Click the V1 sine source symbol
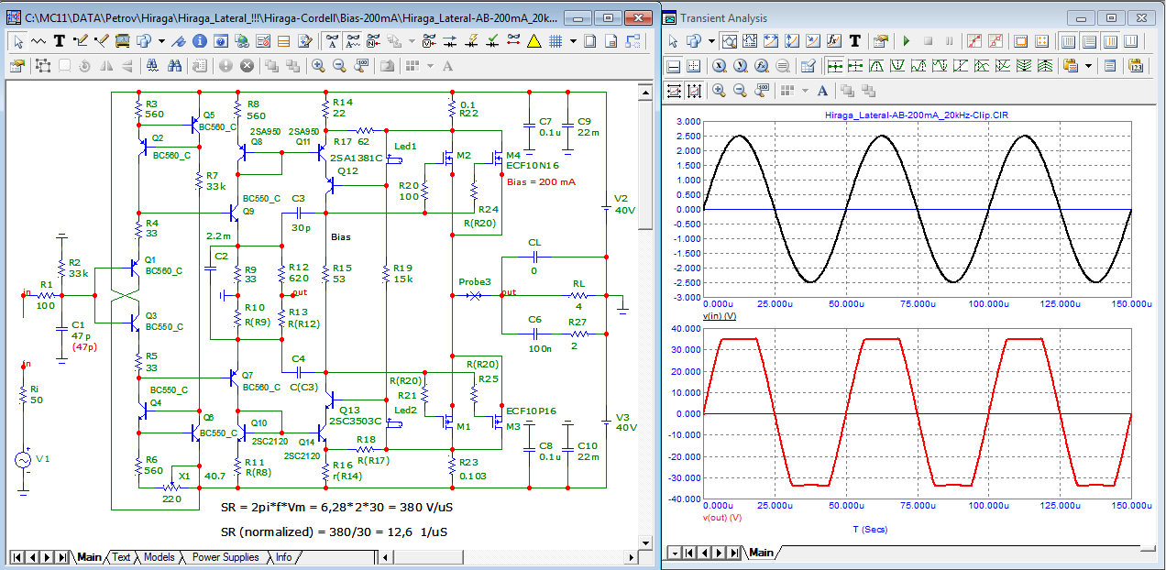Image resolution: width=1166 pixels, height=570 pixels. pos(23,460)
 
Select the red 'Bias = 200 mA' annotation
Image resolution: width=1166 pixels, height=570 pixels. pos(541,181)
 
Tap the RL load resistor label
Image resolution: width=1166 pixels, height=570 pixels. pos(578,284)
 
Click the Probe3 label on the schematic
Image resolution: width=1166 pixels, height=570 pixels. pos(474,281)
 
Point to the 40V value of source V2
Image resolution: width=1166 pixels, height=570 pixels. pos(624,210)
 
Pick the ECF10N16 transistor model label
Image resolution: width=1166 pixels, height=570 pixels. pos(532,166)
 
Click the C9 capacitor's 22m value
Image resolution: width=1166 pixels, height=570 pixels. pos(588,133)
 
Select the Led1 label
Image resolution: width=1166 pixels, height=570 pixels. pos(405,147)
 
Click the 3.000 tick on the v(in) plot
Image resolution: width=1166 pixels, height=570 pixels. pos(688,121)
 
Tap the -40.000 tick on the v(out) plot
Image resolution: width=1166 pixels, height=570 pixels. pos(686,499)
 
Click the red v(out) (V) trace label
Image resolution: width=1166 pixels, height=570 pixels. pos(722,518)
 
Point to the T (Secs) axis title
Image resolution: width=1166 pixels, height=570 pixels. pos(870,530)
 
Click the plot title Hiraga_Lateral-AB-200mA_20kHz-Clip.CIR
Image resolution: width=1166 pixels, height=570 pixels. pos(916,115)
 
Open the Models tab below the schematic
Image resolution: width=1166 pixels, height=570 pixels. pos(159,557)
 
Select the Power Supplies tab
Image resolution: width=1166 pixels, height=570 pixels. pos(225,557)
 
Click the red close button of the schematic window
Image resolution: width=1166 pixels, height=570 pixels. pos(638,18)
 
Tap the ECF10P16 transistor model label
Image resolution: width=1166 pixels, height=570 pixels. pos(531,411)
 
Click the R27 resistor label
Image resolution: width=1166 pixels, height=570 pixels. pos(577,322)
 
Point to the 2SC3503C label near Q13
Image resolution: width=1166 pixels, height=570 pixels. pos(355,421)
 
